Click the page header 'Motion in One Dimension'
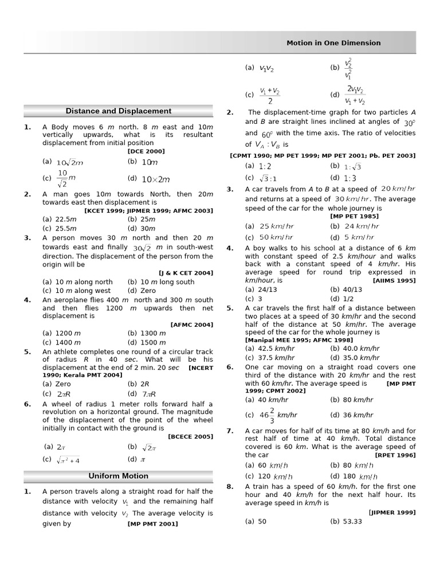(x=333, y=43)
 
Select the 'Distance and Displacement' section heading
(x=118, y=111)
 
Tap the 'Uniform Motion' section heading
(x=118, y=476)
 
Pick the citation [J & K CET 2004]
(x=186, y=273)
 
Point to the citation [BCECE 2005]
(x=190, y=436)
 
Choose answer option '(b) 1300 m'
(x=147, y=333)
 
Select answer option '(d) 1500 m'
(x=147, y=342)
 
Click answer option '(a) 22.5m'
(x=60, y=219)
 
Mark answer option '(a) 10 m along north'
(x=77, y=282)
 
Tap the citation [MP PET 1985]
(x=354, y=217)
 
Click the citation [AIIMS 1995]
(x=394, y=281)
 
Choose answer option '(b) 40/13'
(x=346, y=289)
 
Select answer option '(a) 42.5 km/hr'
(x=269, y=348)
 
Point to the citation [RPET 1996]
(x=395, y=455)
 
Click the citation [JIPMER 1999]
(x=392, y=512)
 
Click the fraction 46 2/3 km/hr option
(x=271, y=415)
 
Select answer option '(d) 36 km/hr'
(x=351, y=415)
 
